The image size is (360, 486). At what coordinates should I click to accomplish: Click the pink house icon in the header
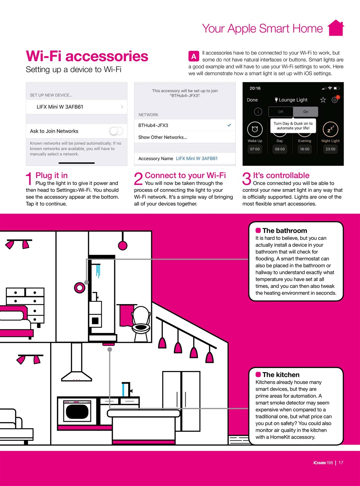(335, 28)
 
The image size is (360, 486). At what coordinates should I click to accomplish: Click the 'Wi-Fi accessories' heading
(87, 56)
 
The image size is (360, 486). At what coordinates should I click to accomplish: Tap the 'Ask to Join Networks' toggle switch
(116, 131)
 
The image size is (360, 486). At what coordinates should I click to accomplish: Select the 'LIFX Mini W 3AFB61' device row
(76, 107)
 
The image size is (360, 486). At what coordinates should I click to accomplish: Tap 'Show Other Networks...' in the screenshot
(163, 137)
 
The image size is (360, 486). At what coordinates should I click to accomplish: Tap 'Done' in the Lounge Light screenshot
(252, 100)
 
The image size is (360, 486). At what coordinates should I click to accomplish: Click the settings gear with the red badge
(334, 100)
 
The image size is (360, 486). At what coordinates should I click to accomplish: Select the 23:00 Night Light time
(330, 149)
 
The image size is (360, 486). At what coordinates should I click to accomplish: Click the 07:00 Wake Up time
(255, 149)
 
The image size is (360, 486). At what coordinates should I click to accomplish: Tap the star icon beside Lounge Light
(323, 100)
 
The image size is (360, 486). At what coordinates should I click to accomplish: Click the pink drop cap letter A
(193, 57)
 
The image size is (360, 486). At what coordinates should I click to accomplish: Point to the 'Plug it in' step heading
(52, 175)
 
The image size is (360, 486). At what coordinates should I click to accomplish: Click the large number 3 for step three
(247, 179)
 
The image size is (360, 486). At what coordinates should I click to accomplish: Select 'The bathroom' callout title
(284, 230)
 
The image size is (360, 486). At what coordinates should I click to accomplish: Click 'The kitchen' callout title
(281, 375)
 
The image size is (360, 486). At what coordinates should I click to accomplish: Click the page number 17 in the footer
(341, 462)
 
